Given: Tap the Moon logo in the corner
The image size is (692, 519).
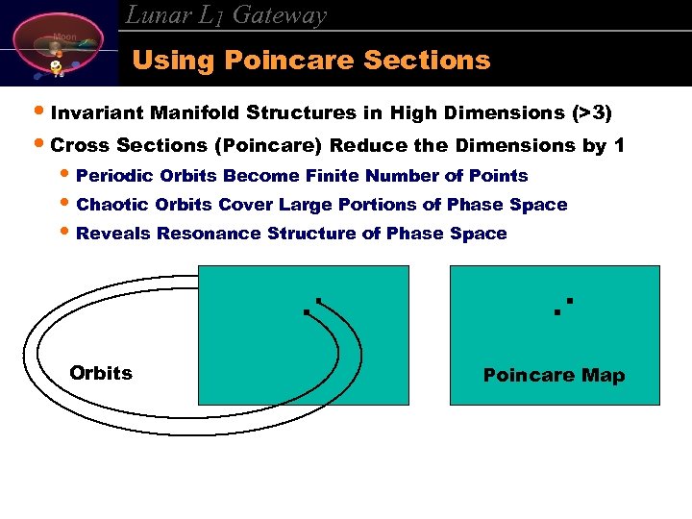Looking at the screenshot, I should (60, 44).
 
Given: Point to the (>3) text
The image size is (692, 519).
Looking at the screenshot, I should (591, 112).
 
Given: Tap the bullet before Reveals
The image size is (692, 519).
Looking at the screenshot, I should (64, 234).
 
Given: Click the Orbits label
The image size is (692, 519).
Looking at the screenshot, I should (101, 373).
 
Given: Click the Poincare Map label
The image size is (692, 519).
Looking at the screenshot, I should (554, 375).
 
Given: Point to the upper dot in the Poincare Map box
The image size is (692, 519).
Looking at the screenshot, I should (569, 302).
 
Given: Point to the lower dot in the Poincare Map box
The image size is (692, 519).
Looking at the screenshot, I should (557, 311).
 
